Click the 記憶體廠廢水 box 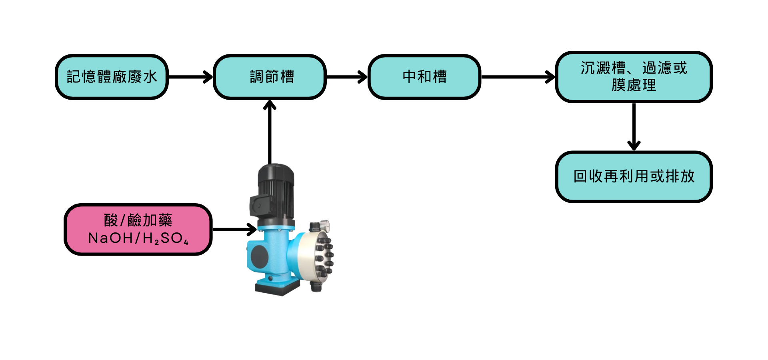[x=112, y=77]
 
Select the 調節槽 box [x=270, y=77]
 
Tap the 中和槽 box [x=424, y=77]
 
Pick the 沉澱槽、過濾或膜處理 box [x=634, y=77]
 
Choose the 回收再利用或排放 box [x=634, y=176]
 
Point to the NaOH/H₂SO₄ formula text [x=138, y=238]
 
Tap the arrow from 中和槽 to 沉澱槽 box [x=518, y=77]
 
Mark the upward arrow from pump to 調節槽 [x=270, y=132]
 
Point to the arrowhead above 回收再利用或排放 [x=634, y=145]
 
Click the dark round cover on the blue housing [x=259, y=256]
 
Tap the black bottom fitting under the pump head [x=316, y=286]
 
